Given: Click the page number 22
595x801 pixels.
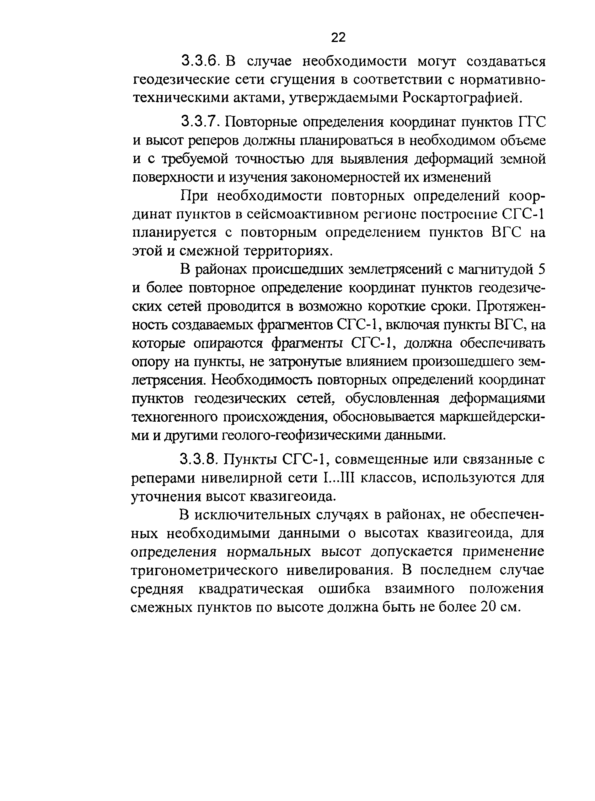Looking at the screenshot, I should coord(338,37).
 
